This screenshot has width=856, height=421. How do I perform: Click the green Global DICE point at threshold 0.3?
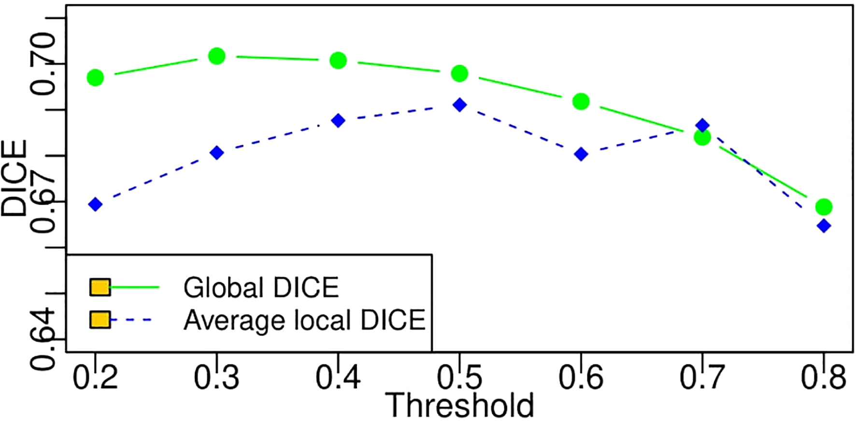[x=217, y=57]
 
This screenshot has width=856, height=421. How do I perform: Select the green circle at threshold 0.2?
[x=96, y=77]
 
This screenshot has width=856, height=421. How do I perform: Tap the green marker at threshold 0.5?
[x=459, y=73]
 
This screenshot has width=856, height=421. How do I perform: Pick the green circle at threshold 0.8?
[x=824, y=207]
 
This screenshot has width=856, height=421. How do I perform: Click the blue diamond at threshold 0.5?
[x=459, y=105]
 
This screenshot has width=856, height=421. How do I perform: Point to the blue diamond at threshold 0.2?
[x=96, y=204]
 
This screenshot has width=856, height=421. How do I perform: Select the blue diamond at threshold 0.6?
[x=581, y=155]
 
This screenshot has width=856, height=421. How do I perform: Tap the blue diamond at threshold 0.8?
[x=824, y=226]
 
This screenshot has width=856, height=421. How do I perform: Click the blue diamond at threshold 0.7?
[x=702, y=126]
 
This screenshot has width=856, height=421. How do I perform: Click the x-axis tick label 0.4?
[x=338, y=377]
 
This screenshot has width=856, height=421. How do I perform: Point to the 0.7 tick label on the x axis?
[x=702, y=377]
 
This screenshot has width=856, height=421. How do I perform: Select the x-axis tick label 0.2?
[x=96, y=377]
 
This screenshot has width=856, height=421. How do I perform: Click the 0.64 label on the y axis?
[x=43, y=339]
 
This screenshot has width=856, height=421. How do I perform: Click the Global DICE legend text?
[x=261, y=288]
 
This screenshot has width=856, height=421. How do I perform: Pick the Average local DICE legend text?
[x=304, y=320]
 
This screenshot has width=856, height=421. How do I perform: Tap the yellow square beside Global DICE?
[x=100, y=287]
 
